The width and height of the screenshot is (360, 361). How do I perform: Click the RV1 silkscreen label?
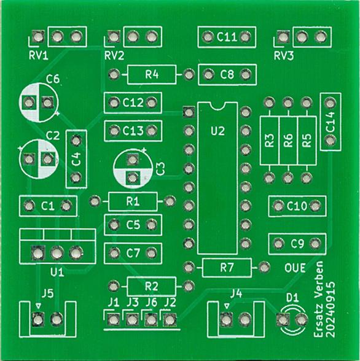point(39,56)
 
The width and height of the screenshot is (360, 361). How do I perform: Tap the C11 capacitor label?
point(227,37)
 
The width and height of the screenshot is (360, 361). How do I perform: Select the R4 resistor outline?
point(152,75)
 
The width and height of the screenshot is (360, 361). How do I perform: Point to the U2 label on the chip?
point(217,131)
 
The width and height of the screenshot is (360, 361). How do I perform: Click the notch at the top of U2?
point(217,106)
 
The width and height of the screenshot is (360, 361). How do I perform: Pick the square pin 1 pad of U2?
point(189,112)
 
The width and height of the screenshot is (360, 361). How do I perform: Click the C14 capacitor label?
point(331,122)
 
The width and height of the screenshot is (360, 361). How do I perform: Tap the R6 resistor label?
point(288,141)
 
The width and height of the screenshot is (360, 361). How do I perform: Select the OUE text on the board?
point(295,268)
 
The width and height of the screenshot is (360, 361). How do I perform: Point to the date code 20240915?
point(331,309)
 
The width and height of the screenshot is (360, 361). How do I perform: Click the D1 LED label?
point(292,298)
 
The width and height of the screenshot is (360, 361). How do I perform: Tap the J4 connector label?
point(237,293)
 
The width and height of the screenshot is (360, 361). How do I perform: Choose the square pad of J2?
point(170,320)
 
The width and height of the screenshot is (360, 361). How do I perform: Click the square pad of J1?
point(113,320)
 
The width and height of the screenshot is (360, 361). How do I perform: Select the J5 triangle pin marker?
point(38,306)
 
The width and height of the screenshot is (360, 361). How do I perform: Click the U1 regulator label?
point(57,273)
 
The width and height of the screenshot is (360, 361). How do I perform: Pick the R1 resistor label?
point(133,201)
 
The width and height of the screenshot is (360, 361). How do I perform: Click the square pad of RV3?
point(283,37)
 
